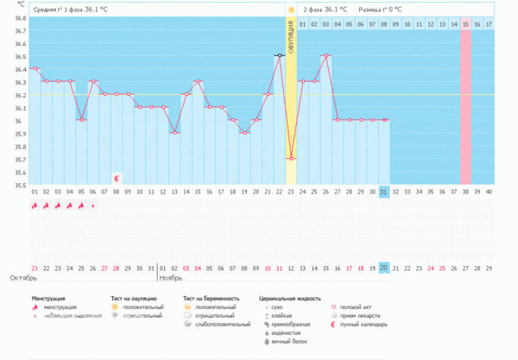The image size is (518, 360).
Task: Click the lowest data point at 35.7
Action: (291, 158)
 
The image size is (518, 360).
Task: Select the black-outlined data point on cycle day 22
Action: (279, 55)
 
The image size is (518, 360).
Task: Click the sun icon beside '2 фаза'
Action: (292, 9)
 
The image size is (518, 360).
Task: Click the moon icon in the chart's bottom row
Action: (117, 178)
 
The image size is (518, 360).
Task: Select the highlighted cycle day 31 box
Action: (383, 192)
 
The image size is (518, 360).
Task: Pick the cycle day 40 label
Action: (489, 192)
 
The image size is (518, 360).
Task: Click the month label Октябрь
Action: (22, 279)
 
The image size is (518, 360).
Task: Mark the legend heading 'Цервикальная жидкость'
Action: (291, 298)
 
